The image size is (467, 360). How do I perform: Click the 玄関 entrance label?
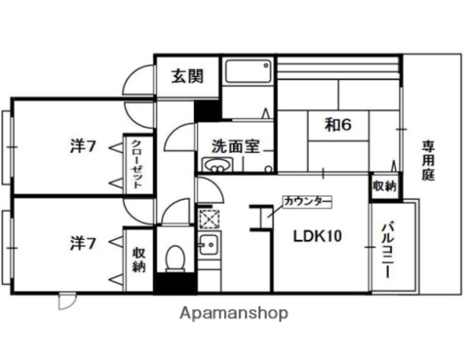(x=187, y=76)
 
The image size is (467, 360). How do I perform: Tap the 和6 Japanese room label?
(x=338, y=124)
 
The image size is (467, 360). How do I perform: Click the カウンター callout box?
(x=305, y=202)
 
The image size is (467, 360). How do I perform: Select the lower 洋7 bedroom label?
(x=82, y=243)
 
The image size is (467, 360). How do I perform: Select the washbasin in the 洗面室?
(x=214, y=165)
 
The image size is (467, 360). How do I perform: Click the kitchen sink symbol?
(x=208, y=244)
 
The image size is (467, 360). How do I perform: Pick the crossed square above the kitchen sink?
(x=207, y=220)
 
